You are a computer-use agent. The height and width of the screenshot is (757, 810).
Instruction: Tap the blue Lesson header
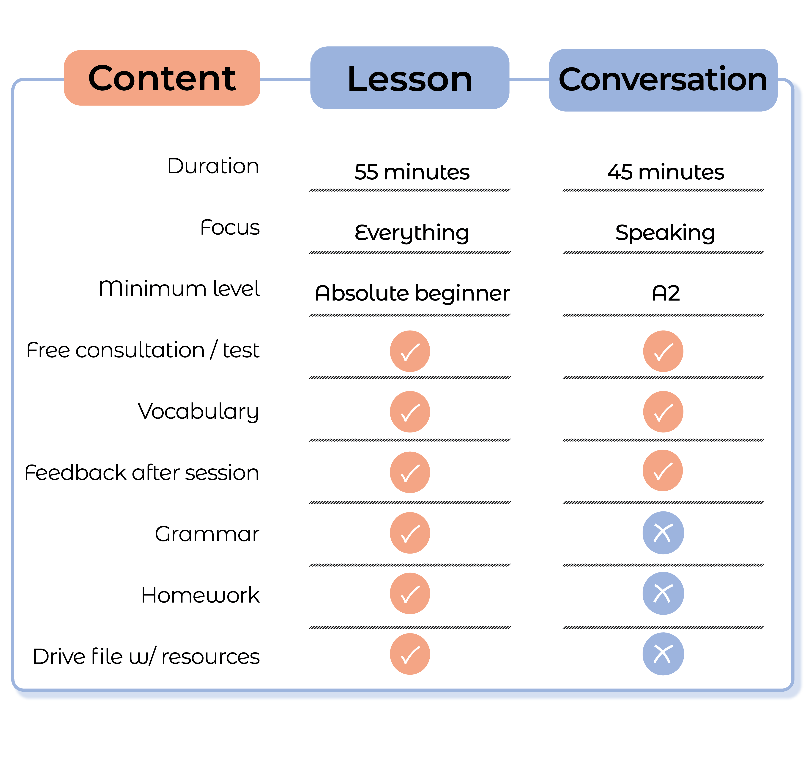(x=410, y=78)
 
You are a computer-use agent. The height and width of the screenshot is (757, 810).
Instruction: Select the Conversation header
(x=663, y=80)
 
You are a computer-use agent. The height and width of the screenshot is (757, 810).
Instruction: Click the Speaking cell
(x=665, y=233)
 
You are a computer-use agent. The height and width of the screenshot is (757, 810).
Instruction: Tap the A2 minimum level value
(x=666, y=293)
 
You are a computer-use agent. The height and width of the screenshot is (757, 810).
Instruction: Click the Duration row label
(x=213, y=166)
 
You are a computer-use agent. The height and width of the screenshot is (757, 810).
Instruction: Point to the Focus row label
(x=230, y=227)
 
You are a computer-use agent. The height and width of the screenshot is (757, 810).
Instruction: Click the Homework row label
(x=201, y=595)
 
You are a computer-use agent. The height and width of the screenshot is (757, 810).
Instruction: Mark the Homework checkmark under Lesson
(x=410, y=593)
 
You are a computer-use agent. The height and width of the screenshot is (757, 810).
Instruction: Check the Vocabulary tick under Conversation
(x=663, y=412)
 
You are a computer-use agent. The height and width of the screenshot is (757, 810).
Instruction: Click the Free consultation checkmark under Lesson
(x=410, y=351)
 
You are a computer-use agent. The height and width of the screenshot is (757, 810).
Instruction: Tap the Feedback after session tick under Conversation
(x=663, y=470)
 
